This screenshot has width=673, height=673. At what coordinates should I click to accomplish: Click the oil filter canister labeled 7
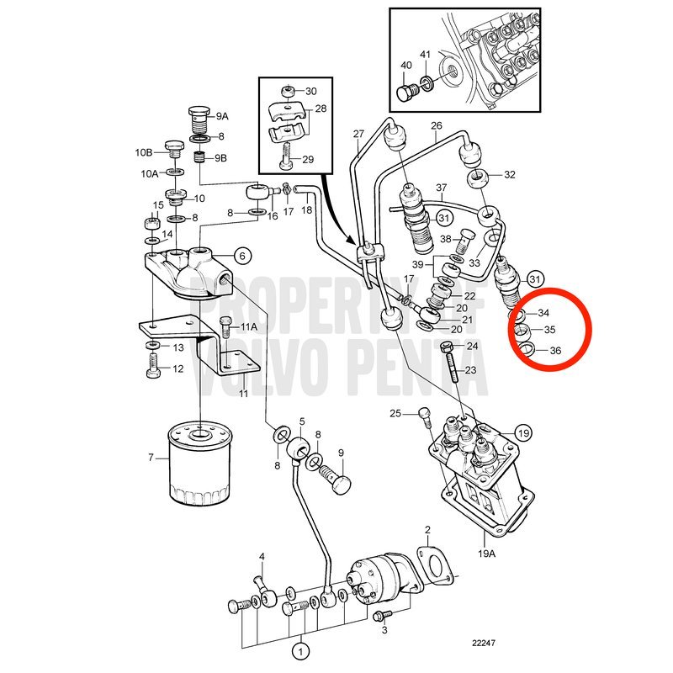click(x=200, y=464)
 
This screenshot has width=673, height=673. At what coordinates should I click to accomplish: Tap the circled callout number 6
click(x=242, y=257)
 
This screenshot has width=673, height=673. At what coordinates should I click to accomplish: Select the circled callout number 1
click(x=300, y=652)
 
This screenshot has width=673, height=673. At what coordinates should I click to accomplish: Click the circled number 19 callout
click(x=523, y=433)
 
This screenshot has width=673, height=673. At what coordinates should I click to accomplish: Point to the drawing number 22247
click(x=484, y=643)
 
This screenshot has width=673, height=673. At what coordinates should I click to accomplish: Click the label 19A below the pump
click(x=486, y=554)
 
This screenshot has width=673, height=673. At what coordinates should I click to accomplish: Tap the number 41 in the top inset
click(x=425, y=55)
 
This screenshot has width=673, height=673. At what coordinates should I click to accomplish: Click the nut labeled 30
click(x=289, y=92)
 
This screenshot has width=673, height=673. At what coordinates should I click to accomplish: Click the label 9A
click(x=222, y=116)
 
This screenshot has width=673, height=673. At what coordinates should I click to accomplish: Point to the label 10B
click(x=144, y=152)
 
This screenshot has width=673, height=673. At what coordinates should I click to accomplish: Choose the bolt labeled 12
click(x=154, y=365)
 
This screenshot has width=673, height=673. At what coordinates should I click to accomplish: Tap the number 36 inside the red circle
click(x=555, y=351)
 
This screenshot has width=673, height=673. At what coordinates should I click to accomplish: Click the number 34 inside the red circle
click(x=543, y=313)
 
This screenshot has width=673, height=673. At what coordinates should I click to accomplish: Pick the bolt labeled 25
click(x=425, y=416)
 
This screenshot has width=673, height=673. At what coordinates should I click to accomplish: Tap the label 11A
click(x=249, y=327)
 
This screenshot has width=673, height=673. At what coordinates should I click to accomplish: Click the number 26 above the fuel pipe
click(x=437, y=125)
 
